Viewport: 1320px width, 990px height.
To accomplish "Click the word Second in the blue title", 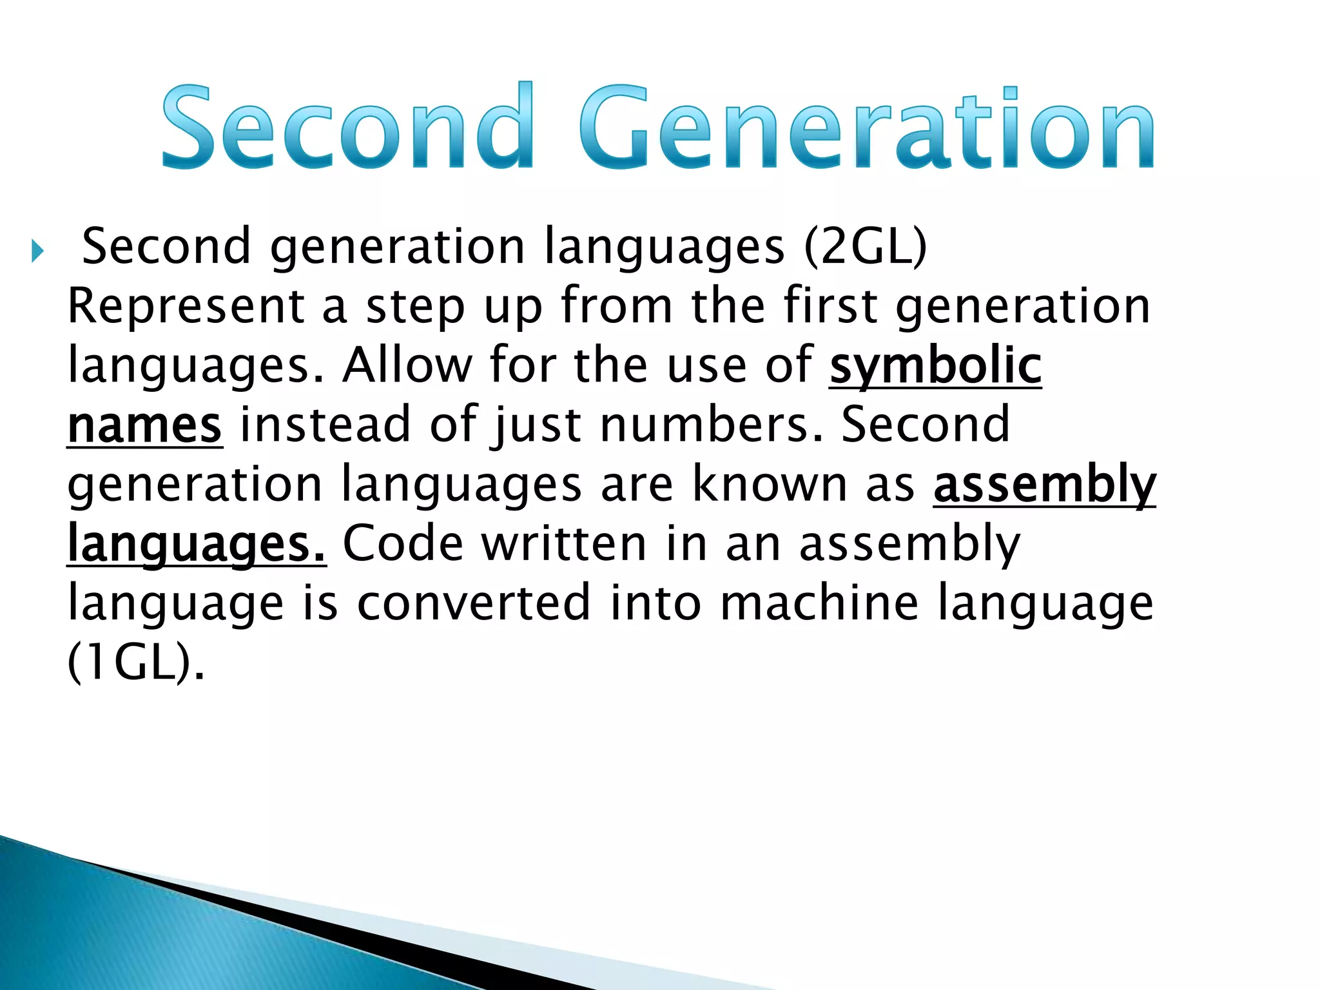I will click(x=348, y=127).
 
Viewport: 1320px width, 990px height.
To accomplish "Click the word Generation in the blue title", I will click(x=867, y=127).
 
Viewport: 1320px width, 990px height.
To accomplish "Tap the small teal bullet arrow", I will click(x=37, y=251).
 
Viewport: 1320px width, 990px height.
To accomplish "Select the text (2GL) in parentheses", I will click(x=865, y=247).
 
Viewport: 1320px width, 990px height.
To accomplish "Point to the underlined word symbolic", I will click(x=935, y=366).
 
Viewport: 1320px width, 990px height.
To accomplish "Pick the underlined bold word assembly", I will click(x=1044, y=485).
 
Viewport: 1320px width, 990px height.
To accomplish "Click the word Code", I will click(x=403, y=543).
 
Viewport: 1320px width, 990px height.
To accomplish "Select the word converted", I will click(x=474, y=603).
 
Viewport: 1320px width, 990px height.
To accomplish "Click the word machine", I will click(x=819, y=603).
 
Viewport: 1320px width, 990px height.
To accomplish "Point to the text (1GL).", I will click(x=135, y=663).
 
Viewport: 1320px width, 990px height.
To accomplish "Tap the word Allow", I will click(x=407, y=366).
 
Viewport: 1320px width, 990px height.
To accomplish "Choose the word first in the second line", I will click(x=830, y=306).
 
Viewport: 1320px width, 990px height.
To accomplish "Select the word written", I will click(x=564, y=543).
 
